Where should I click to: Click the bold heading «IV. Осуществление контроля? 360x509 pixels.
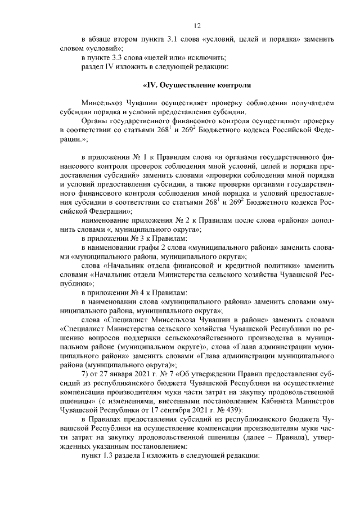196,85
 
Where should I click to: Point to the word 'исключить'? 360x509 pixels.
208,58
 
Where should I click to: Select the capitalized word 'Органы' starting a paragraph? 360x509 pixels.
94,121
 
